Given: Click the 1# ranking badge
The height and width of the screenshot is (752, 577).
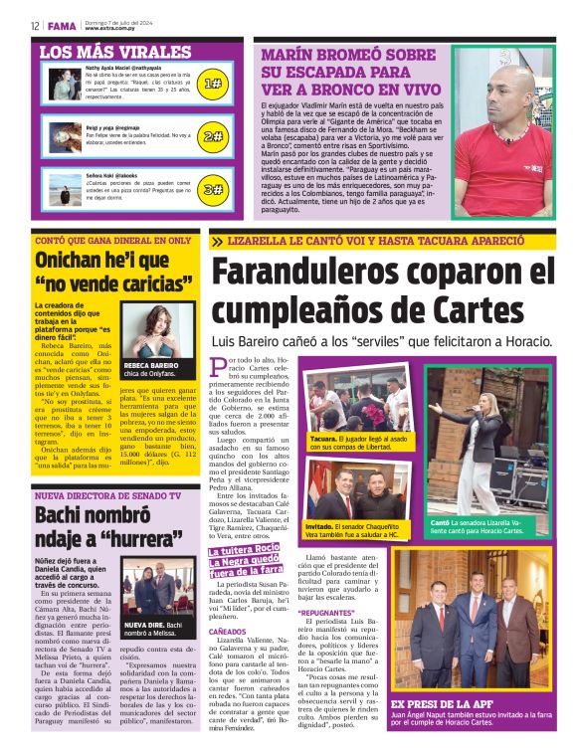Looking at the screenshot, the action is tap(212, 85).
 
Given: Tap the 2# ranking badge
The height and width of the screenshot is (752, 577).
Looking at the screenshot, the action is tap(212, 136).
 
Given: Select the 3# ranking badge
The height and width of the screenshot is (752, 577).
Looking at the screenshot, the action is tap(212, 189).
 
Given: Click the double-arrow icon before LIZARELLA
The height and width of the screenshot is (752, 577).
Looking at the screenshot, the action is tap(217, 242).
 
